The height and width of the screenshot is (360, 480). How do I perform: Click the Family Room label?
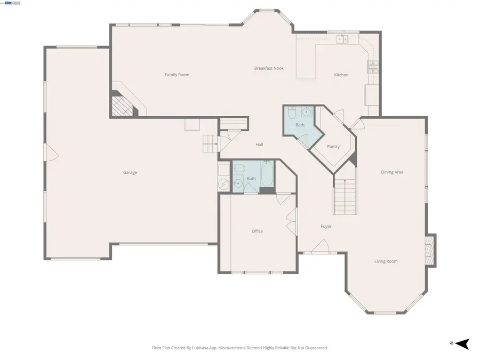177,75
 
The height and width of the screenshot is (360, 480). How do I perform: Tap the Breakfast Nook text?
269,68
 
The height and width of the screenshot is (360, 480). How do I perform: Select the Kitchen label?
341,75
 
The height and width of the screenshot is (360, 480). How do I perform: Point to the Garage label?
130,172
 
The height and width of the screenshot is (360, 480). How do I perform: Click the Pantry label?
333,147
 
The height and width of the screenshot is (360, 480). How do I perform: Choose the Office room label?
257,231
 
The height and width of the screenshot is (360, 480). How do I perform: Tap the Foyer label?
326,226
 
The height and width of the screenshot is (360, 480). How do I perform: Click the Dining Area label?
392,172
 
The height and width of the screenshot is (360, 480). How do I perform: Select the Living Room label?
386,261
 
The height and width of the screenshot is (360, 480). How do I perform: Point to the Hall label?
259,145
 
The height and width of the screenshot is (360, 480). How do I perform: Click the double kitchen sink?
342,39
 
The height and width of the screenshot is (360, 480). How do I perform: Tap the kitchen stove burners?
372,67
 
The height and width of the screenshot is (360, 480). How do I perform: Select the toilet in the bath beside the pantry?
292,113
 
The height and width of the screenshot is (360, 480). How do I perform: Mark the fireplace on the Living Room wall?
430,250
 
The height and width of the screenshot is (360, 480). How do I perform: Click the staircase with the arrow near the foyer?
345,196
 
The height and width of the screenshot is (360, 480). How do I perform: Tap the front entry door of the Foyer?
320,247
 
